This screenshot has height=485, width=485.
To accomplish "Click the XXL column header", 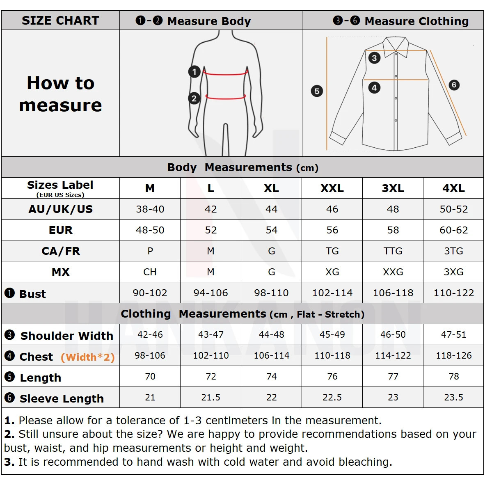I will (x=332, y=188).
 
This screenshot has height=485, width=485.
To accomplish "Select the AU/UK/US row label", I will (x=60, y=209).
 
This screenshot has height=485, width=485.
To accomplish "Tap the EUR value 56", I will (x=332, y=230).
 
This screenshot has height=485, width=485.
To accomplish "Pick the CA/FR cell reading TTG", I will (x=393, y=251).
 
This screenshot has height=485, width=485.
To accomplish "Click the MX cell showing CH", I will (x=150, y=272).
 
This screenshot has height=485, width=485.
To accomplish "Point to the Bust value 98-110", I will (x=271, y=293).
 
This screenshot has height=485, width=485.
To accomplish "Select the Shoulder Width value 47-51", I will (x=453, y=335).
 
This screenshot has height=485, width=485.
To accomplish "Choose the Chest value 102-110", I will (x=210, y=356).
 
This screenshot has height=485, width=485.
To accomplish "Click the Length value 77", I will (x=393, y=377).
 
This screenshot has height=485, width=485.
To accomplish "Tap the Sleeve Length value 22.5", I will (x=332, y=398).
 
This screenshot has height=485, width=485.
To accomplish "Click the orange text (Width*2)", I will (x=87, y=357).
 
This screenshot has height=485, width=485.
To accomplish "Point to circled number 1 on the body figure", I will (x=194, y=72).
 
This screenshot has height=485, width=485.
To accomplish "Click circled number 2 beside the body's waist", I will (x=194, y=98).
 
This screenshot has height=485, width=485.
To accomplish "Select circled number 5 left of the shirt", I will (x=317, y=91).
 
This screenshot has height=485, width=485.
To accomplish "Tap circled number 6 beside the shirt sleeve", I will (x=453, y=85).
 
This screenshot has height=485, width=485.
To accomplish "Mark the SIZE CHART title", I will (x=60, y=21).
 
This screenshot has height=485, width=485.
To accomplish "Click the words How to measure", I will (x=60, y=94).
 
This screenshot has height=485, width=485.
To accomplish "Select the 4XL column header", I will (x=453, y=188).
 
